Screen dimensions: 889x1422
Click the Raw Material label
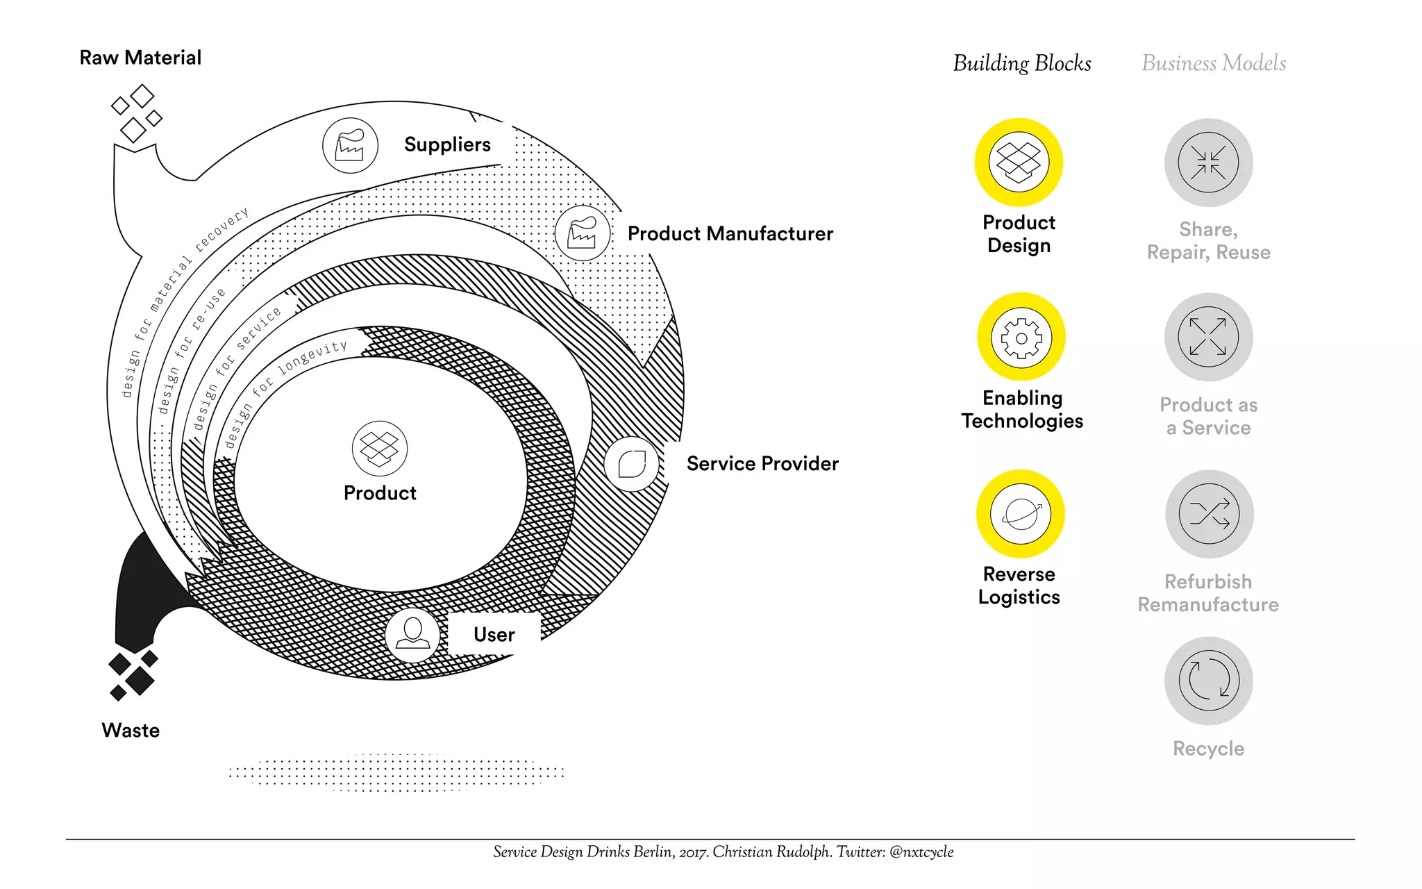pyautogui.click(x=140, y=58)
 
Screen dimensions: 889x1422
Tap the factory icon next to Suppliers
pyautogui.click(x=350, y=146)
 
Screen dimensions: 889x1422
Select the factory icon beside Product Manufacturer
pyautogui.click(x=583, y=233)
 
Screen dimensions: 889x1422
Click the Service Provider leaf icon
pyautogui.click(x=632, y=464)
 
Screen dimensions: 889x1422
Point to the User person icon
pyautogui.click(x=412, y=634)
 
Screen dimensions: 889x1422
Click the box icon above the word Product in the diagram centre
pyautogui.click(x=380, y=449)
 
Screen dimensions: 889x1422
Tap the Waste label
pyautogui.click(x=131, y=731)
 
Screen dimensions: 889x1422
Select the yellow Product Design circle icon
pyautogui.click(x=1019, y=162)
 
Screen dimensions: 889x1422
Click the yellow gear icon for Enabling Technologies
pyautogui.click(x=1021, y=338)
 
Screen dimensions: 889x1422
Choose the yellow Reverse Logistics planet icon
pyautogui.click(x=1021, y=514)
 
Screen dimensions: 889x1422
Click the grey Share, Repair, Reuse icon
pyautogui.click(x=1208, y=163)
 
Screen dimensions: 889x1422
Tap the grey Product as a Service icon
pyautogui.click(x=1208, y=337)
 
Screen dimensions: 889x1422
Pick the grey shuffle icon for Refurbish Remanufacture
pyautogui.click(x=1209, y=514)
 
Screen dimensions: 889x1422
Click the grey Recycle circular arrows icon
pyautogui.click(x=1208, y=681)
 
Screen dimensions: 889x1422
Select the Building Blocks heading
pyautogui.click(x=1021, y=63)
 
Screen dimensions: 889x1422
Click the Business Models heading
pyautogui.click(x=1214, y=63)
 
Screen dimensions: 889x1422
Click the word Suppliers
pyautogui.click(x=447, y=144)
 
